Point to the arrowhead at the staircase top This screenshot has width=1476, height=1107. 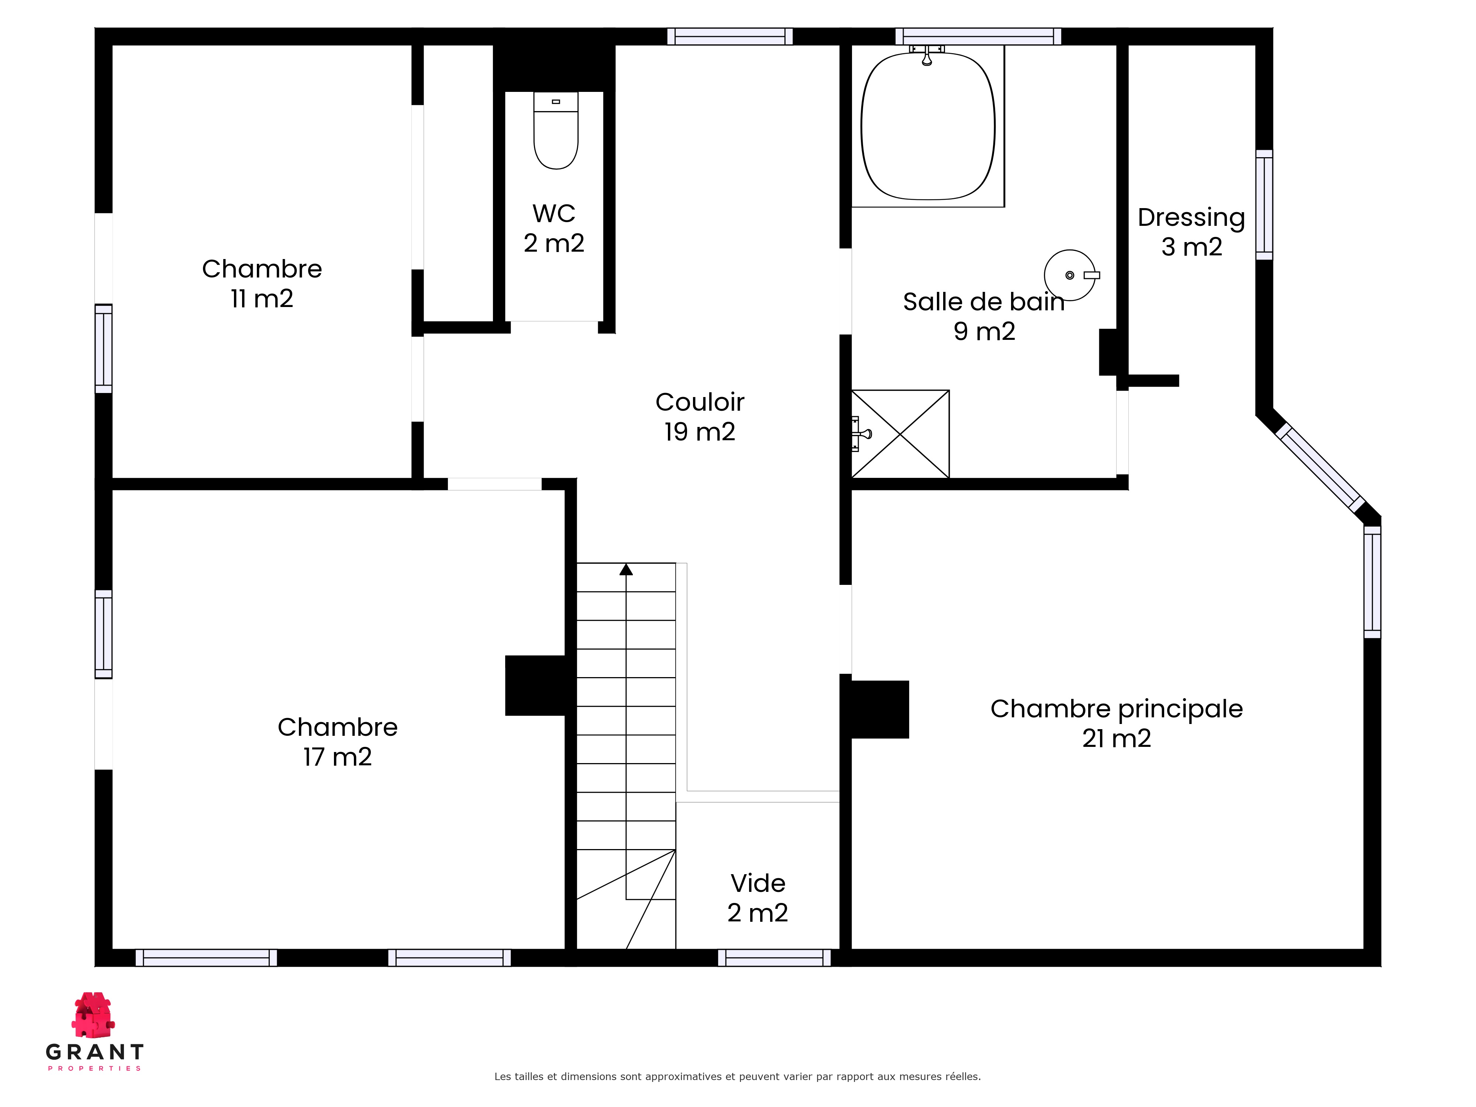tap(626, 569)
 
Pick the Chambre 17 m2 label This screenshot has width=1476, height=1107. tap(338, 741)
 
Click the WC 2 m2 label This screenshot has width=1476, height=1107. tap(554, 228)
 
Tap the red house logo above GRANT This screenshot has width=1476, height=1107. tap(93, 1014)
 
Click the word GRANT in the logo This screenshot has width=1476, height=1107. tap(95, 1052)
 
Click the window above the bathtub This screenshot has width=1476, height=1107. tap(978, 36)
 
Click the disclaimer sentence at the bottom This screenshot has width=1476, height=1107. tap(737, 1076)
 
